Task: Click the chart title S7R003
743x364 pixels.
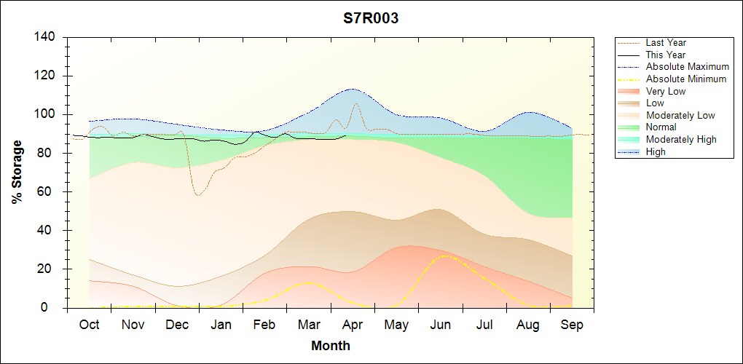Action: (371, 19)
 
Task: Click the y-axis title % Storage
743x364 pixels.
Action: (17, 172)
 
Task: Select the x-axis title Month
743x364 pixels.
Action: (331, 346)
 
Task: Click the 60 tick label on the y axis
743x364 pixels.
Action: (48, 191)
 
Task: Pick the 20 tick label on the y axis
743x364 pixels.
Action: (48, 269)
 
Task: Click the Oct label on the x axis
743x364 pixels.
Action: (90, 325)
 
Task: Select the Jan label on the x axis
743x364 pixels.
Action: (221, 325)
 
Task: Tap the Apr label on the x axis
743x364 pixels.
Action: (353, 325)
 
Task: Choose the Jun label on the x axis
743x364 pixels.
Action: (441, 325)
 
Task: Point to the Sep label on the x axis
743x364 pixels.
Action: (572, 325)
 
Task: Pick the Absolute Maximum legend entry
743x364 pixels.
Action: (687, 67)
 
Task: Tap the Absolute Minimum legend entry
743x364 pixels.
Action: (686, 79)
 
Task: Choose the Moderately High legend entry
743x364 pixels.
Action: (681, 139)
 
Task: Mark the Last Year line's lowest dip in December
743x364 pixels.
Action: (197, 195)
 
